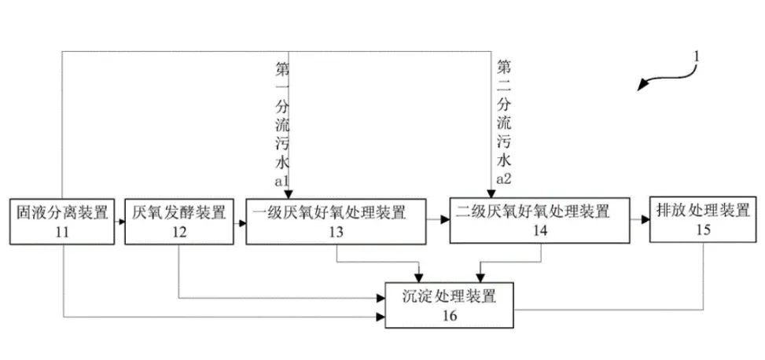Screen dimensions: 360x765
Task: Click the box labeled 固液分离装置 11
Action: tap(62, 221)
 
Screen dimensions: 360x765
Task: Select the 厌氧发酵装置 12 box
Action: tap(178, 221)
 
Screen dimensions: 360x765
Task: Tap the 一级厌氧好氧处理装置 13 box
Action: tap(336, 222)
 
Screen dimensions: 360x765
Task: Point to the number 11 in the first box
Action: tap(62, 231)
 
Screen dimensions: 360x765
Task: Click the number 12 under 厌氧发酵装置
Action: tap(179, 231)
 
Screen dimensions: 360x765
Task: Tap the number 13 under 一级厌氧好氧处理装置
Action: tap(337, 232)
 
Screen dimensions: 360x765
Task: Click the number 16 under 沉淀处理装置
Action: tap(449, 315)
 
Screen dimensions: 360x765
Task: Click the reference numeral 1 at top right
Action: tap(695, 57)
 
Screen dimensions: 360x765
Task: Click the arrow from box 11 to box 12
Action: tap(119, 222)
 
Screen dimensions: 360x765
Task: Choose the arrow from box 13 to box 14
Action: tap(438, 222)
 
